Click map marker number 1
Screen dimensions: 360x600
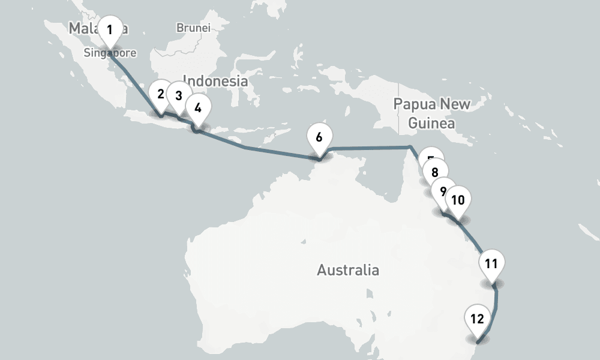110,30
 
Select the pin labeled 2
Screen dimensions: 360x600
160,94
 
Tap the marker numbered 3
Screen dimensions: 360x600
178,96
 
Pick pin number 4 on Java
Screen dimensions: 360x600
199,109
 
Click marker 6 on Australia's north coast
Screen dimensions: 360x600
319,137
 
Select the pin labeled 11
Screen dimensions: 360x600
491,263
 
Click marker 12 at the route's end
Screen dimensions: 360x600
478,319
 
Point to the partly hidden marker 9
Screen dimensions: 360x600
442,191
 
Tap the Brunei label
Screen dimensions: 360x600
193,28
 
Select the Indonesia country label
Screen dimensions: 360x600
215,80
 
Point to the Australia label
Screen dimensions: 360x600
348,270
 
